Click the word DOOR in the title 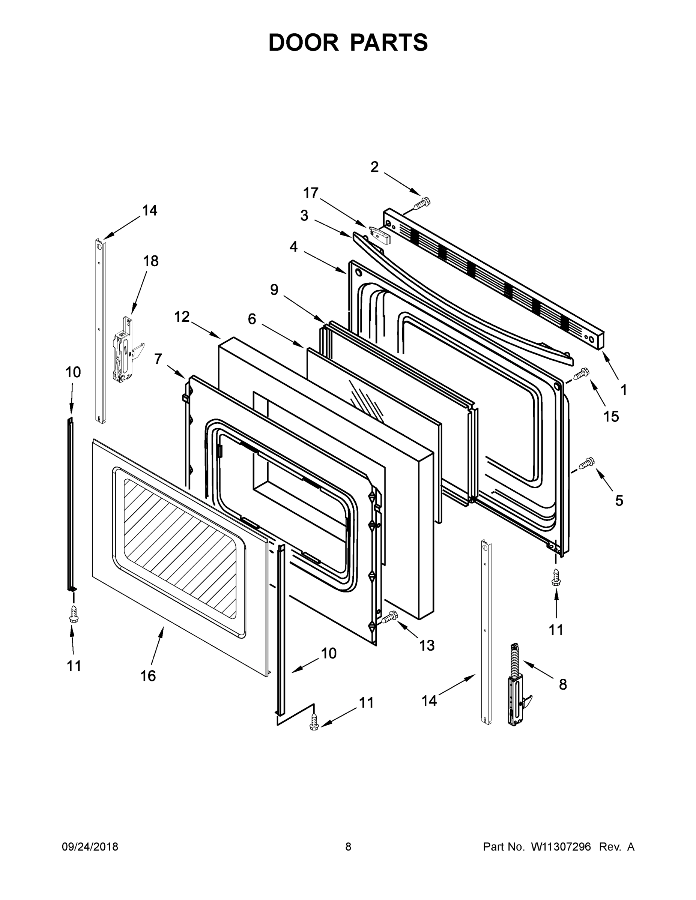(303, 43)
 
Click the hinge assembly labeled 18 (125, 349)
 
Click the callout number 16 (148, 676)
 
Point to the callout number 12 (182, 316)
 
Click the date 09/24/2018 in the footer (90, 846)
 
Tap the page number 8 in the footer (348, 846)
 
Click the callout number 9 (274, 290)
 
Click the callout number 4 (293, 246)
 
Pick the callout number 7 (158, 359)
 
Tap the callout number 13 (427, 645)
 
